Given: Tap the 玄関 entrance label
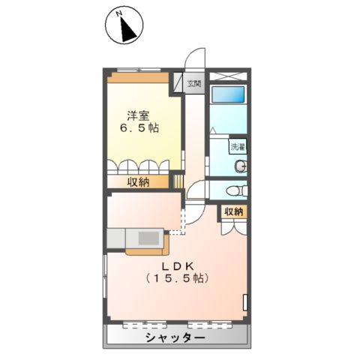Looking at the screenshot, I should coord(194,83).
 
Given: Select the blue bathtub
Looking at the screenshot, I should coord(228,96).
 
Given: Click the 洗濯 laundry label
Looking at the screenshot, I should coord(238,147).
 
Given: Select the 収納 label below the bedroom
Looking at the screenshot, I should coord(137,181).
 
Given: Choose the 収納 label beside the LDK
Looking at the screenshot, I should coord(233,212).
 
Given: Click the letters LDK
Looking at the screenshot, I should coord(178,265).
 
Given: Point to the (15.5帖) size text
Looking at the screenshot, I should coord(178,279).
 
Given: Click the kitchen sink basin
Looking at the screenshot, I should coord(148,238).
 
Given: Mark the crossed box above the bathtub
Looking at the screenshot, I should coord(228,76).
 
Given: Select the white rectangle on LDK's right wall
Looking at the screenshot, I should coord(245,301).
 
